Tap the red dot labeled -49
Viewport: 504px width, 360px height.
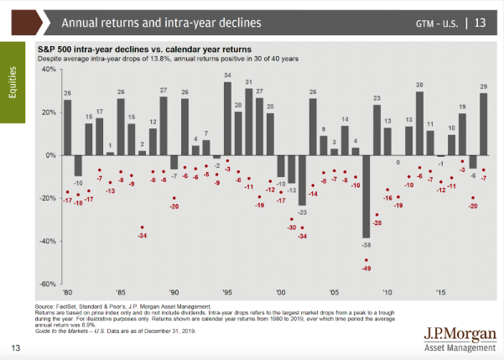coord(366,260)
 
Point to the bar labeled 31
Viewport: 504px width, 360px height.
coord(249,122)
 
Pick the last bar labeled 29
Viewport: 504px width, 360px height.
coord(484,124)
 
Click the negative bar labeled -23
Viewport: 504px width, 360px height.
coord(302,180)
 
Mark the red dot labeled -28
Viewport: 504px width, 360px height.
coord(377,215)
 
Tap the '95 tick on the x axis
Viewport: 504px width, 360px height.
coord(227,292)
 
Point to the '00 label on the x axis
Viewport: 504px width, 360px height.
coord(281,292)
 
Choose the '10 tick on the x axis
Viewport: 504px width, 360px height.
coord(387,292)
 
